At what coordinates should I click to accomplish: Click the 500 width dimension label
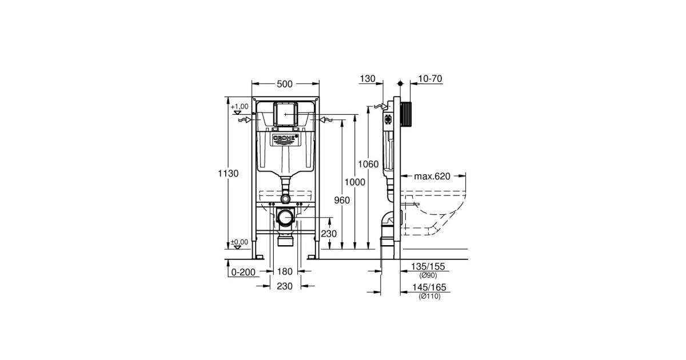click(x=285, y=84)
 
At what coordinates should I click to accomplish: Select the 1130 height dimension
click(x=228, y=174)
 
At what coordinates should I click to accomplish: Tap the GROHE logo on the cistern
click(x=285, y=139)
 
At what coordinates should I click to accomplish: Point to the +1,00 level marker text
click(x=240, y=106)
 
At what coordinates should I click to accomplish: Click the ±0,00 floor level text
click(x=239, y=242)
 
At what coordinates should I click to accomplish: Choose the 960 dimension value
click(x=342, y=200)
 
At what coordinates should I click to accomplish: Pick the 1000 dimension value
click(x=354, y=182)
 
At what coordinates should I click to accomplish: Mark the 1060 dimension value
click(x=368, y=165)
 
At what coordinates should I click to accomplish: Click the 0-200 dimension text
click(x=243, y=272)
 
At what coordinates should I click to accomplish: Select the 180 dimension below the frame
click(x=285, y=271)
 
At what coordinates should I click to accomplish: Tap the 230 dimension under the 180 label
click(x=285, y=286)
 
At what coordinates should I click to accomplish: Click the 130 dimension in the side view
click(x=368, y=79)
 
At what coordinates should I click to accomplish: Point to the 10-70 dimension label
click(x=430, y=79)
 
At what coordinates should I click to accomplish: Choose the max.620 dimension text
click(x=432, y=177)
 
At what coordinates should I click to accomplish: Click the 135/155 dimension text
click(x=428, y=266)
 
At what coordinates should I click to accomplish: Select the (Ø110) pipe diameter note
click(x=430, y=297)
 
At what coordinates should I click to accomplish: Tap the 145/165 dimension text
click(x=429, y=287)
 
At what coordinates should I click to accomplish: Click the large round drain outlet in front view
click(x=285, y=218)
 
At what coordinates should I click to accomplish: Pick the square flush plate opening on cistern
click(x=285, y=114)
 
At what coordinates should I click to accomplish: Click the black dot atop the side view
click(x=400, y=83)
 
